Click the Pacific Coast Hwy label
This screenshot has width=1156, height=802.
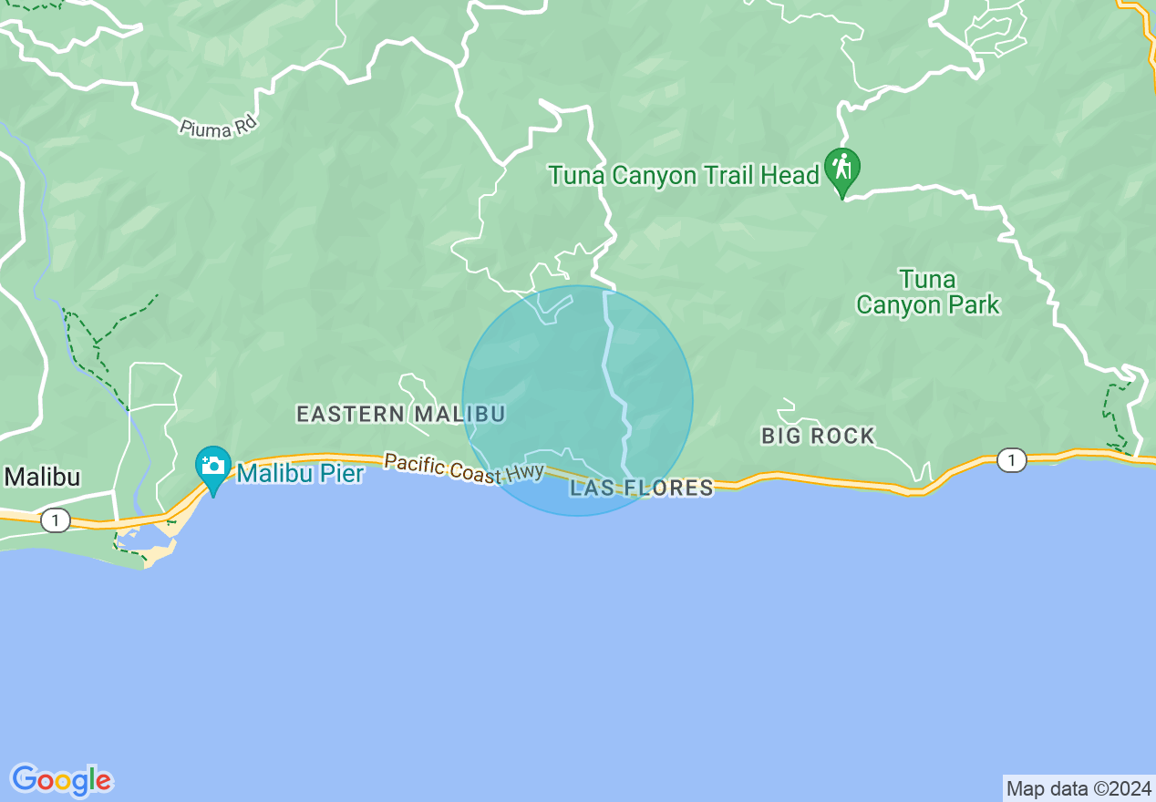pyautogui.click(x=464, y=468)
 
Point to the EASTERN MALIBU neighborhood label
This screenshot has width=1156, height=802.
pyautogui.click(x=400, y=414)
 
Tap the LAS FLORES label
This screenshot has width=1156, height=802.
pyautogui.click(x=642, y=488)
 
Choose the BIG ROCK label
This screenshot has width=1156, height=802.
pyautogui.click(x=818, y=436)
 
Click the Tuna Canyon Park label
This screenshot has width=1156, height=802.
pyautogui.click(x=928, y=292)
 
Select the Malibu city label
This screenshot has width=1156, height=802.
pyautogui.click(x=42, y=477)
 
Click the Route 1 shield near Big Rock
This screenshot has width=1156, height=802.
pyautogui.click(x=1010, y=461)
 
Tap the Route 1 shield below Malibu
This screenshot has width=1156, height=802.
pyautogui.click(x=56, y=520)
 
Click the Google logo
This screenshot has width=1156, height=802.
pyautogui.click(x=61, y=780)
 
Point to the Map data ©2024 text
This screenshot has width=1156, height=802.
pyautogui.click(x=1079, y=788)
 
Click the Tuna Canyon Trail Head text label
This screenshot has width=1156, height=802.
pyautogui.click(x=684, y=175)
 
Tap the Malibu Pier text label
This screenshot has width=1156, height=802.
pyautogui.click(x=300, y=473)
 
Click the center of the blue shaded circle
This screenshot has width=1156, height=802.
pyautogui.click(x=578, y=401)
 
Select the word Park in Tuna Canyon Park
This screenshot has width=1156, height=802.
pyautogui.click(x=974, y=304)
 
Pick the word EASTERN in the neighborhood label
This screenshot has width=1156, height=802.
pyautogui.click(x=351, y=414)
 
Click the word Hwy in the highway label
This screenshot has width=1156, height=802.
pyautogui.click(x=526, y=474)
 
